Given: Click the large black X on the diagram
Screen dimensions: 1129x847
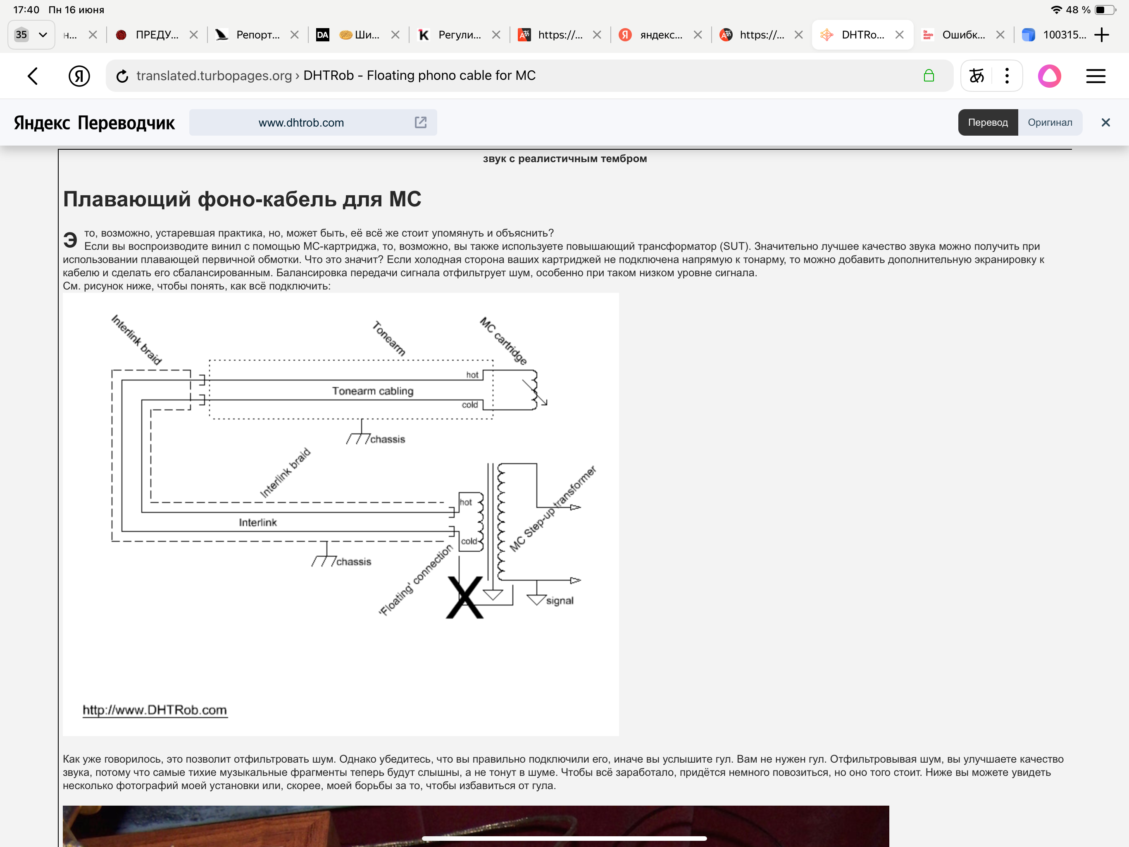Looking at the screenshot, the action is tap(464, 597).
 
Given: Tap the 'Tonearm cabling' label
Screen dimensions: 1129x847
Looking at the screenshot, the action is tap(373, 391).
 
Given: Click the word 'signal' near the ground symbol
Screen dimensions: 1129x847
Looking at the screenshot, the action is tap(560, 601).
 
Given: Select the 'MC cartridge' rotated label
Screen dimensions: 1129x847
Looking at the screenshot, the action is tap(503, 340).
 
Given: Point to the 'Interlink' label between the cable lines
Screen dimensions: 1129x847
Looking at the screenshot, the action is tap(258, 522).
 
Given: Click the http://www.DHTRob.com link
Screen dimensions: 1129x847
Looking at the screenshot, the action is tap(155, 710).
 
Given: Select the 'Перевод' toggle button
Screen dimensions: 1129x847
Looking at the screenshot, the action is tap(988, 122).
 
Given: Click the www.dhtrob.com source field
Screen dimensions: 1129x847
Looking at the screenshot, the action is tap(313, 122).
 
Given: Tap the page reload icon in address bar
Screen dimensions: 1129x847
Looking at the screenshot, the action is tap(122, 76).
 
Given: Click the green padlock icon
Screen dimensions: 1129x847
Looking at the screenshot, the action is tap(929, 76).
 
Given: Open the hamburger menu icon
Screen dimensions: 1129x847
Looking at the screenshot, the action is tap(1095, 76).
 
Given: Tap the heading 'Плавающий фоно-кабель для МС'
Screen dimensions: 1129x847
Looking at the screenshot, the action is tap(242, 199).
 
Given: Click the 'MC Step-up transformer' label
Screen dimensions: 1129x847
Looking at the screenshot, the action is tap(553, 508).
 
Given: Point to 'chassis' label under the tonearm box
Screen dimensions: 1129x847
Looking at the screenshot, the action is tap(387, 439).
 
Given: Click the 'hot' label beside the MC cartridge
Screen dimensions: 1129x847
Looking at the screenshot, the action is tap(472, 375).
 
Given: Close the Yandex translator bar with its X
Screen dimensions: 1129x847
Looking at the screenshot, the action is tap(1105, 122).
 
